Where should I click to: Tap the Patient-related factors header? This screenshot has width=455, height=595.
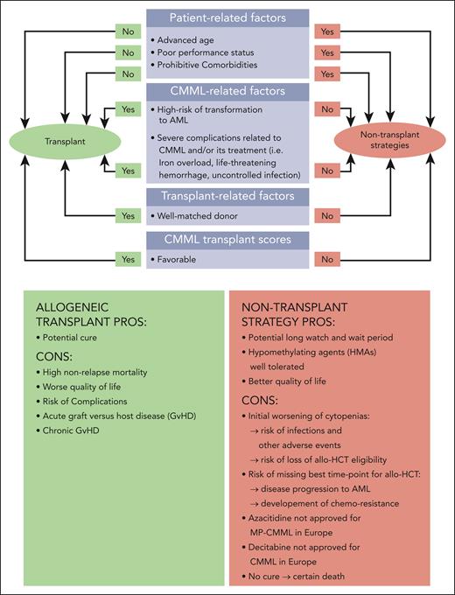tap(227, 18)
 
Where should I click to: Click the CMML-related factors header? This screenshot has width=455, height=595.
tap(227, 90)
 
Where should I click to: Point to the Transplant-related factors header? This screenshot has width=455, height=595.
tap(227, 197)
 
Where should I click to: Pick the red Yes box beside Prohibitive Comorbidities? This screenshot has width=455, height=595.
tap(329, 75)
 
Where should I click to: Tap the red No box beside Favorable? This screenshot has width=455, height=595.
tap(329, 259)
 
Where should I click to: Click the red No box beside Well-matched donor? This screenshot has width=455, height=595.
tap(329, 214)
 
